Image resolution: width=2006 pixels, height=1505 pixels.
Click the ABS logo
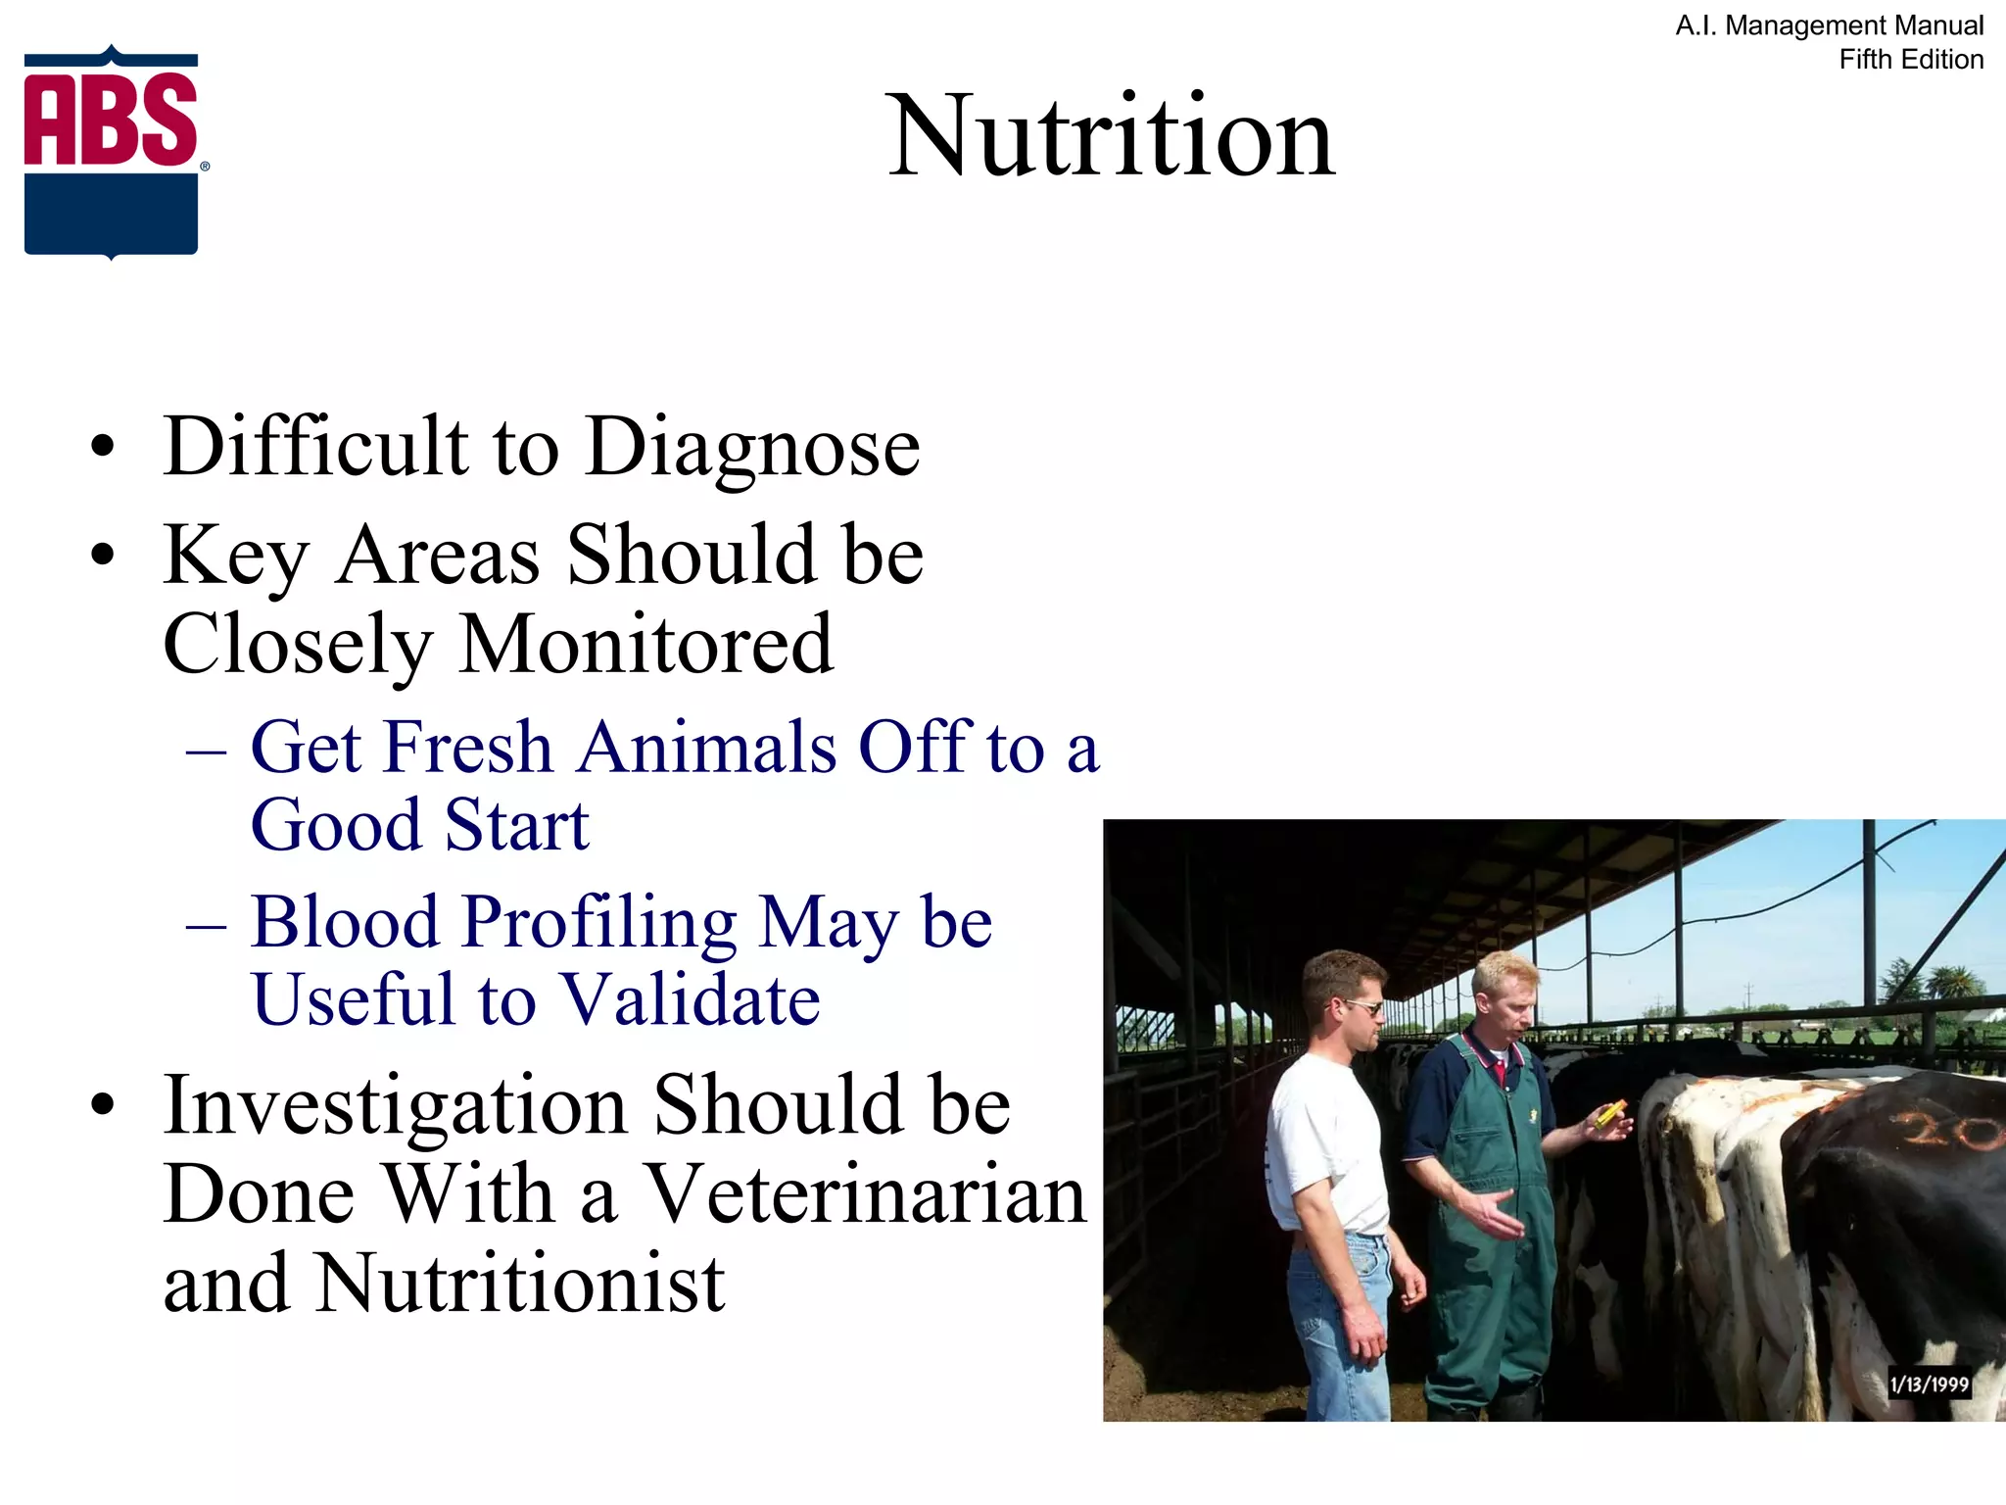click(x=112, y=153)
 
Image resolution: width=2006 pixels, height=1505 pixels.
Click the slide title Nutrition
click(x=1111, y=136)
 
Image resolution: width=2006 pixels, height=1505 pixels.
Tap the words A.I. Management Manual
click(x=1829, y=25)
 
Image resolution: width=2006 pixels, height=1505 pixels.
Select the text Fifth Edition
click(x=1911, y=60)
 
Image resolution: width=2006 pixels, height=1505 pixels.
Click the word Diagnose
click(x=753, y=448)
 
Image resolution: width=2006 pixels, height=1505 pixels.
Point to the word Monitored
click(x=646, y=646)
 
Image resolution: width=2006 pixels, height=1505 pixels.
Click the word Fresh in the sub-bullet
click(x=468, y=748)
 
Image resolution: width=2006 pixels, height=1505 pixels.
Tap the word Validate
click(x=692, y=1000)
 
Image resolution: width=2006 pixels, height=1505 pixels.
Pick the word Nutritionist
click(x=520, y=1284)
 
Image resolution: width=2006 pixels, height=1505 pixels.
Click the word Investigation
click(x=396, y=1105)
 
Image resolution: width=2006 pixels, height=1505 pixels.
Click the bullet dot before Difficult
click(x=102, y=448)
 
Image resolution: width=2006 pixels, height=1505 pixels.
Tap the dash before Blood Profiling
click(x=207, y=926)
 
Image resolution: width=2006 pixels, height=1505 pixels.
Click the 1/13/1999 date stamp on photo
click(x=1929, y=1384)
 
